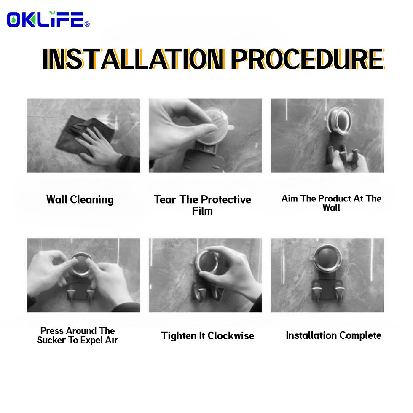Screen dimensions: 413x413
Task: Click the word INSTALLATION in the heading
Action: pos(133,59)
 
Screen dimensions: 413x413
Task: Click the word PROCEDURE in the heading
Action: pos(307,59)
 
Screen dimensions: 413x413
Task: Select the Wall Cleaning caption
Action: pos(80,199)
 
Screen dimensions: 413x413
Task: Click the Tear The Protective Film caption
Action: pos(202,204)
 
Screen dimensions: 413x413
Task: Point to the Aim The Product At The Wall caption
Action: pos(331,203)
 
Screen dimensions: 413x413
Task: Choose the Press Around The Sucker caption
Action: pos(77,335)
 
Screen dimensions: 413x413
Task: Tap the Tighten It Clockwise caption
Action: pos(207,336)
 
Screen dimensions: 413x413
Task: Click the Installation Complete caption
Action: pos(333,335)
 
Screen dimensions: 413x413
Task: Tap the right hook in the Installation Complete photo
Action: pos(340,293)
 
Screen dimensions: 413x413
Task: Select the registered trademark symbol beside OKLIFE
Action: pos(87,24)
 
